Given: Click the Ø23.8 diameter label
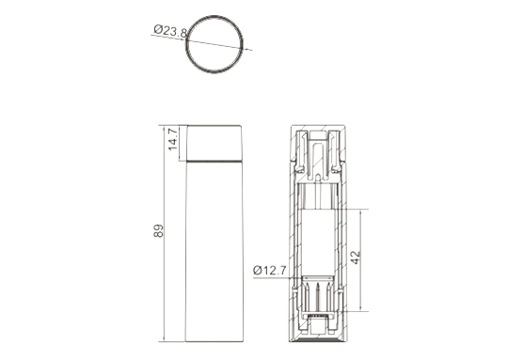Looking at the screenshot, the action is point(170,31).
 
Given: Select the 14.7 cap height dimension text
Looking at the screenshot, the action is point(173,139).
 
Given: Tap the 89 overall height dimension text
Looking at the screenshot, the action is point(158,230).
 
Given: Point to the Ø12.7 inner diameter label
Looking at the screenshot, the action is point(270,270).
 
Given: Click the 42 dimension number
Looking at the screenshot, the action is point(356,258).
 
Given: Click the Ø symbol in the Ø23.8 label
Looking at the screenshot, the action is point(158,30).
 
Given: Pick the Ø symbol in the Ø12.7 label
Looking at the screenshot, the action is point(258,270).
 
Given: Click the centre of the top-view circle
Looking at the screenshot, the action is point(214,44).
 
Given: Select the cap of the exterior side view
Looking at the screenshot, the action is point(214,143).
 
